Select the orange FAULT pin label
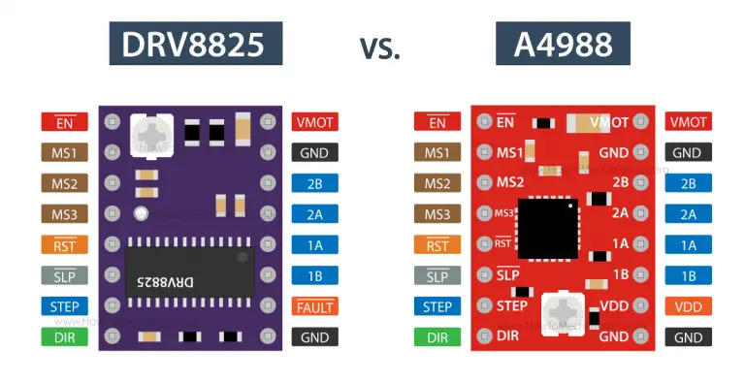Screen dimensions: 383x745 (315, 307)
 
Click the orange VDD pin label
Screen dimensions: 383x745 (688, 307)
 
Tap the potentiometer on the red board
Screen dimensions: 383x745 (561, 312)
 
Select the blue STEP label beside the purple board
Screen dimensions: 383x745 (64, 307)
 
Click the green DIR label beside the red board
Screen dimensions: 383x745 (437, 337)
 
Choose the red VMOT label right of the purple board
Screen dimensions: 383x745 (315, 122)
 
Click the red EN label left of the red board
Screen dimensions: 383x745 (437, 122)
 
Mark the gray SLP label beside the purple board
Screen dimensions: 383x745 (64, 276)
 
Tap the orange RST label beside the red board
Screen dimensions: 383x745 (437, 245)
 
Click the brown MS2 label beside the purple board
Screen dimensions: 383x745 (64, 183)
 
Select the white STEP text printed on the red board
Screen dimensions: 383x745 (511, 306)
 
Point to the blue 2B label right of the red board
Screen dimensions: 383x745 (688, 183)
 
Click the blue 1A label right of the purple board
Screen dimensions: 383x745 (315, 245)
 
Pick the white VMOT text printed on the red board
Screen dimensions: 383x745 (609, 123)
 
